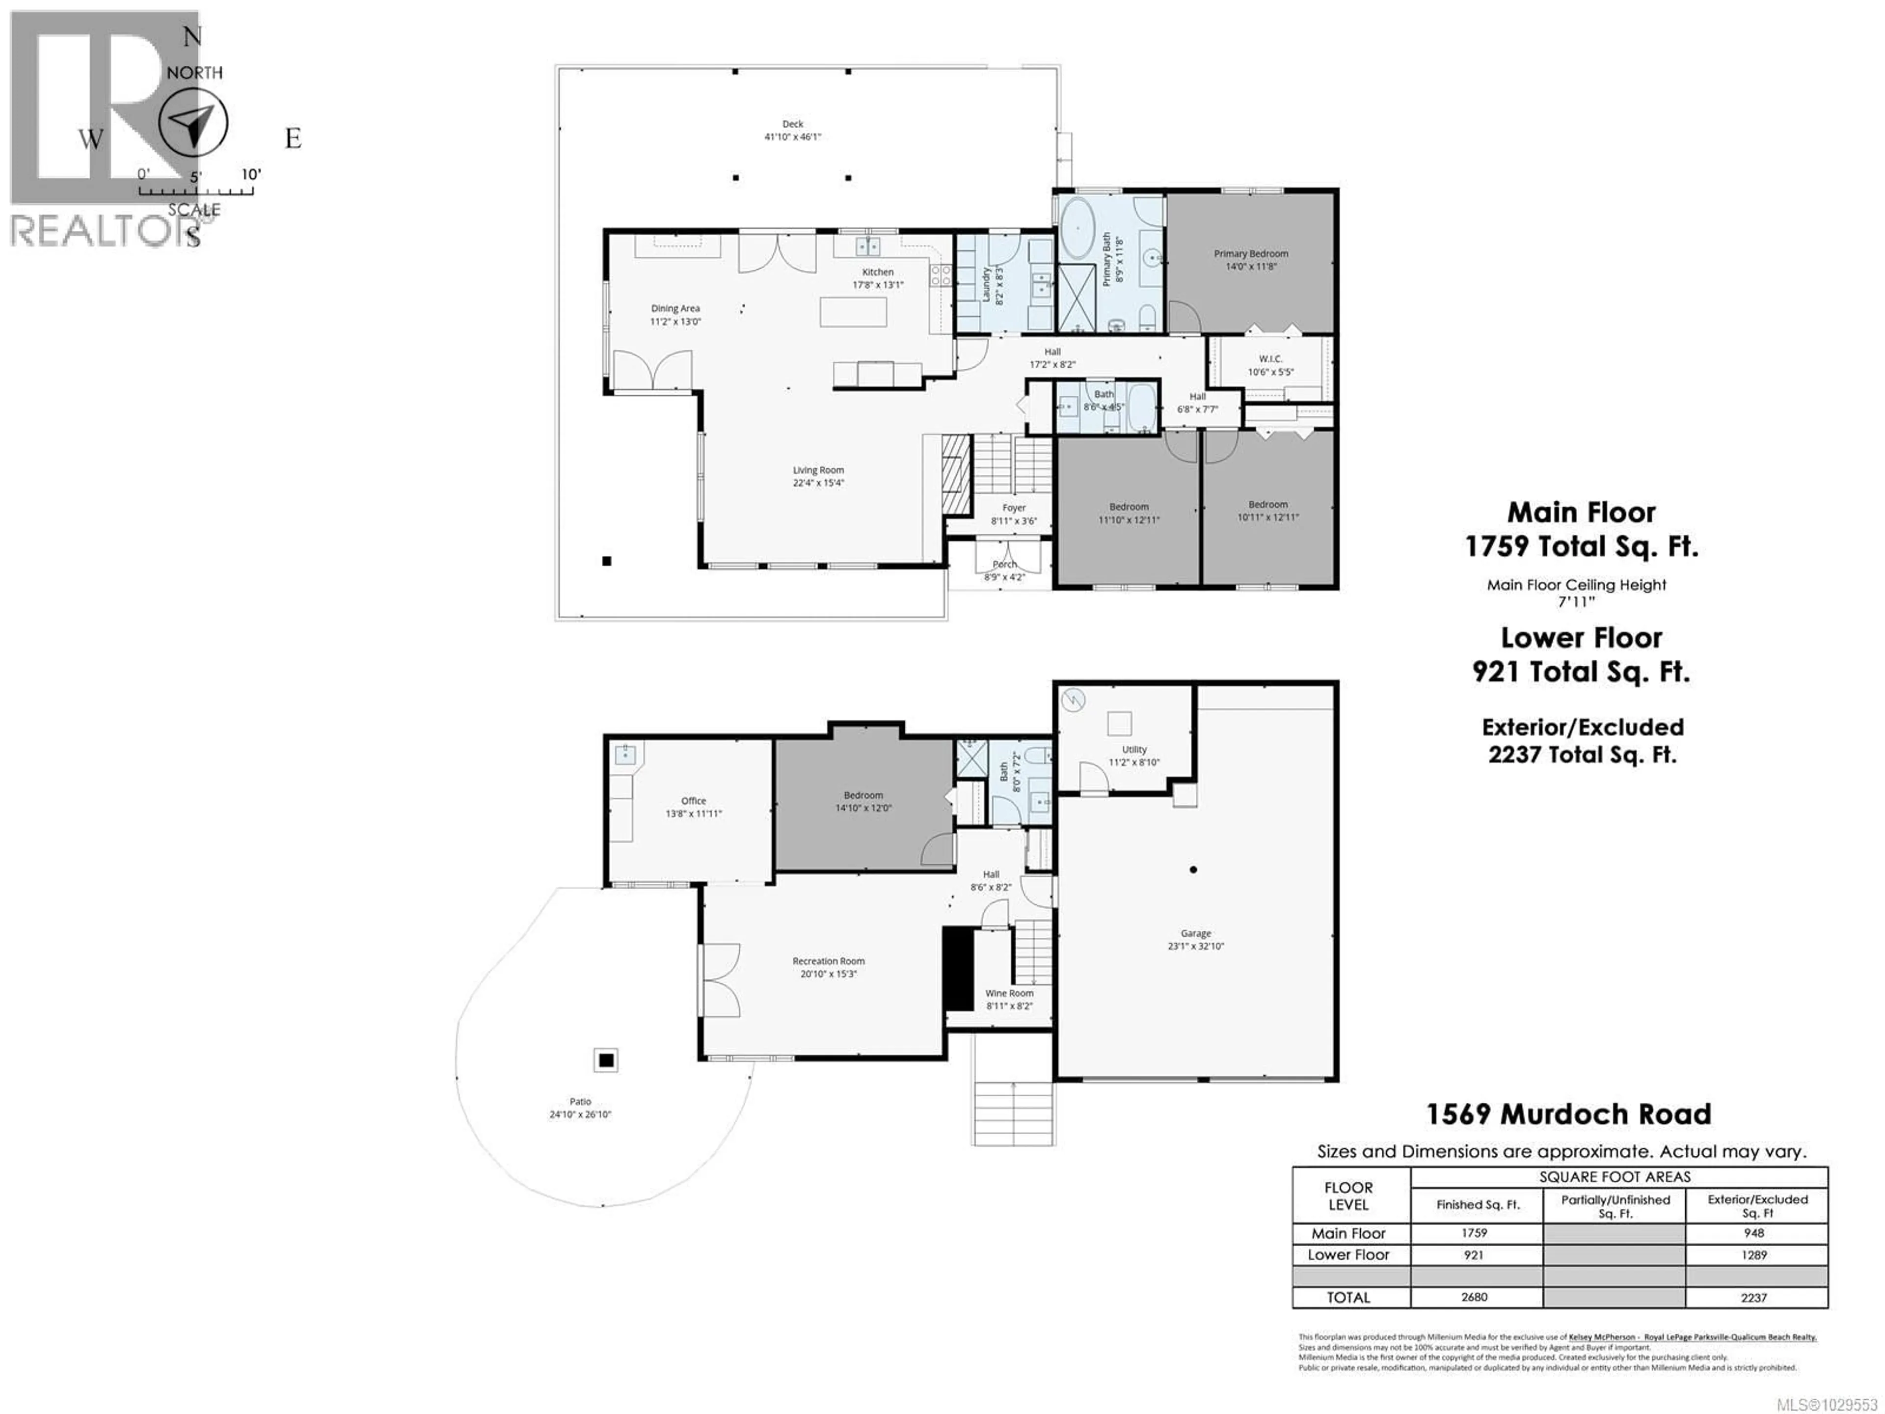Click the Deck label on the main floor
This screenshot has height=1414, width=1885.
792,124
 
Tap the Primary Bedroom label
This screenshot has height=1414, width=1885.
1250,254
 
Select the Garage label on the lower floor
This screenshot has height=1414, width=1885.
1196,933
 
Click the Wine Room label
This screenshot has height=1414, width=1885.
1009,993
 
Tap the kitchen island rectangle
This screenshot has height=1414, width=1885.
853,312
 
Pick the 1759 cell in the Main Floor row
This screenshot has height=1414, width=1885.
1474,1232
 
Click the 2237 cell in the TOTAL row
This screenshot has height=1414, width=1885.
1754,1297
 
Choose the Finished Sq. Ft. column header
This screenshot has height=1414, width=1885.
1478,1204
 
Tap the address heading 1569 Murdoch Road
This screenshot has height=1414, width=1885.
1568,1114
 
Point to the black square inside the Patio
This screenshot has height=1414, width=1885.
606,1060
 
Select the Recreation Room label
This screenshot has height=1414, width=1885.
828,960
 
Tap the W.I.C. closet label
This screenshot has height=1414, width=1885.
1270,359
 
